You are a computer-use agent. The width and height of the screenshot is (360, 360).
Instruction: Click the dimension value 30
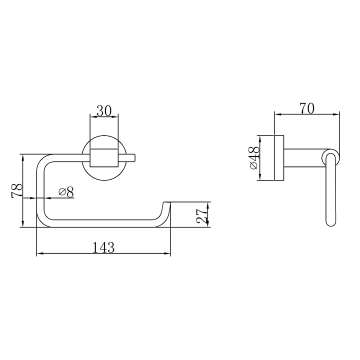click(x=104, y=111)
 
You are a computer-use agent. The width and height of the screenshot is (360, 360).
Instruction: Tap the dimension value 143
click(x=103, y=247)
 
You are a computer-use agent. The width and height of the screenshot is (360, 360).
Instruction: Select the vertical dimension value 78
click(x=17, y=190)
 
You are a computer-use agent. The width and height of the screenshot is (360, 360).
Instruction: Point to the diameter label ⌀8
click(x=66, y=192)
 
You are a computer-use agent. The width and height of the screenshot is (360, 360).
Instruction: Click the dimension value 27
click(x=202, y=216)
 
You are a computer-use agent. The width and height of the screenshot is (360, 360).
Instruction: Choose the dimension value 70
click(x=306, y=108)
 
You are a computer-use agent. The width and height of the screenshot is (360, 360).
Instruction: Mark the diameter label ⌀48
click(x=254, y=158)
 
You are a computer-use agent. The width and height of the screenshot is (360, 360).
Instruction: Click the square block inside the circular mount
click(x=104, y=157)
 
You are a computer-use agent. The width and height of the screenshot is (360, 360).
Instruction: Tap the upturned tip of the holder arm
click(x=166, y=203)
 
